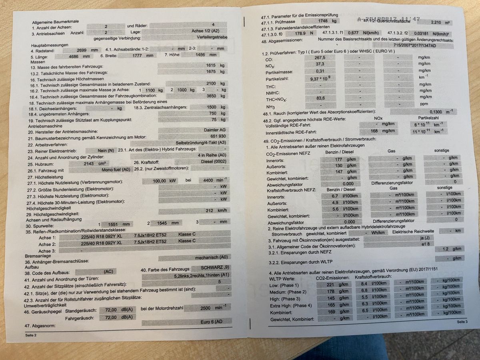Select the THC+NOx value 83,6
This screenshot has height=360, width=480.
click(320, 98)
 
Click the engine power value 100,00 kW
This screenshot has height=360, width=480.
click(165, 181)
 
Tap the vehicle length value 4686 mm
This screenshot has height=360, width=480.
click(74, 56)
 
